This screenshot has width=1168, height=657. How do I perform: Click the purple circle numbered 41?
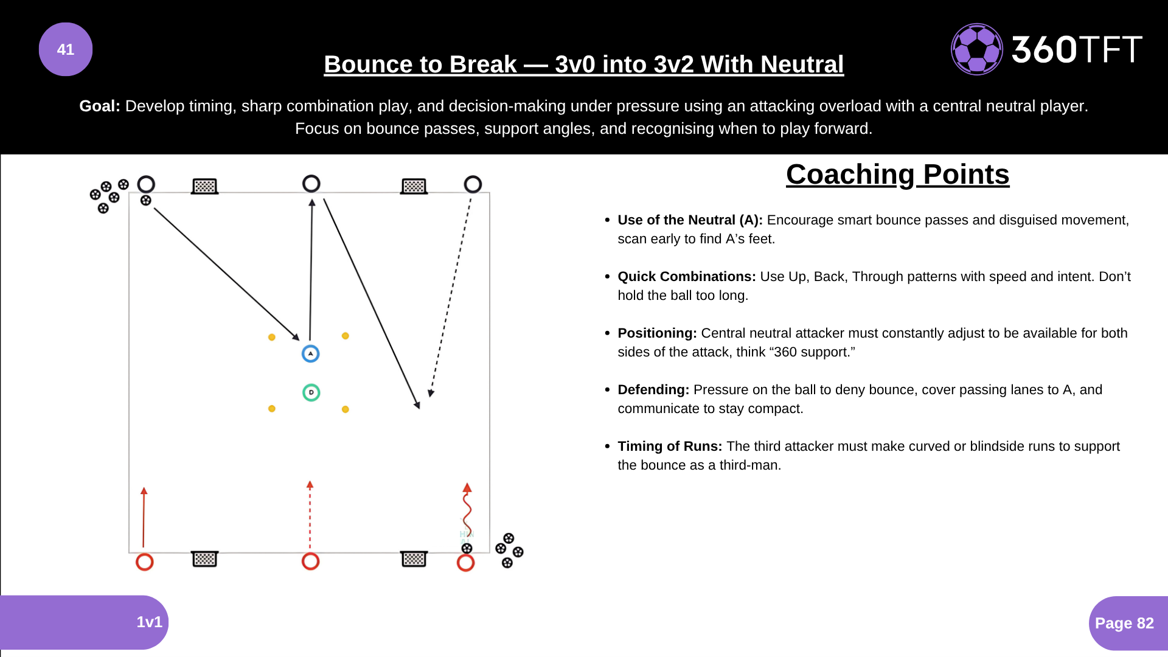(x=66, y=49)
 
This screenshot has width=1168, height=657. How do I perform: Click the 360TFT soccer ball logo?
(x=976, y=49)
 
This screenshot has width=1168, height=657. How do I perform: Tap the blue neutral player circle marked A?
(x=311, y=353)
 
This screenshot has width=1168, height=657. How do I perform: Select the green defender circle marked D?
(x=311, y=392)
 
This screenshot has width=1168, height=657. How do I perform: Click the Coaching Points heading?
(x=897, y=175)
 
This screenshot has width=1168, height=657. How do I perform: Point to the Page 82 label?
(x=1124, y=623)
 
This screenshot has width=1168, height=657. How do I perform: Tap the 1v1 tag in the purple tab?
(x=149, y=622)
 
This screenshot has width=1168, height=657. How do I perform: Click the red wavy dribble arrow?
(x=467, y=511)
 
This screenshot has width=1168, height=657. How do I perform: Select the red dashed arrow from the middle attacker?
(x=310, y=517)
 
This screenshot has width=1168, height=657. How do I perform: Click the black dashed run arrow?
(x=450, y=298)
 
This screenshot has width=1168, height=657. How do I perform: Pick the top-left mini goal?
(x=204, y=186)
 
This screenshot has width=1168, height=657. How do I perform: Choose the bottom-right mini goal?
(x=414, y=558)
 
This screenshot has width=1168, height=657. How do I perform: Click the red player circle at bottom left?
(x=144, y=561)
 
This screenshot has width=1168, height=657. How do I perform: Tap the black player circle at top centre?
(x=311, y=184)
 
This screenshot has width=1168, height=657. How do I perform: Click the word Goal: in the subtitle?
(x=100, y=106)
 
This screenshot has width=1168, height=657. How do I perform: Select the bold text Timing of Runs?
(x=670, y=446)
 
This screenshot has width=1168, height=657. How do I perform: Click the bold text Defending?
(x=653, y=389)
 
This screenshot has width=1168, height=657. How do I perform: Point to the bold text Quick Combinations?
(x=687, y=276)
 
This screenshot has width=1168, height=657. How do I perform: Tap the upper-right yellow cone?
(x=345, y=336)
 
